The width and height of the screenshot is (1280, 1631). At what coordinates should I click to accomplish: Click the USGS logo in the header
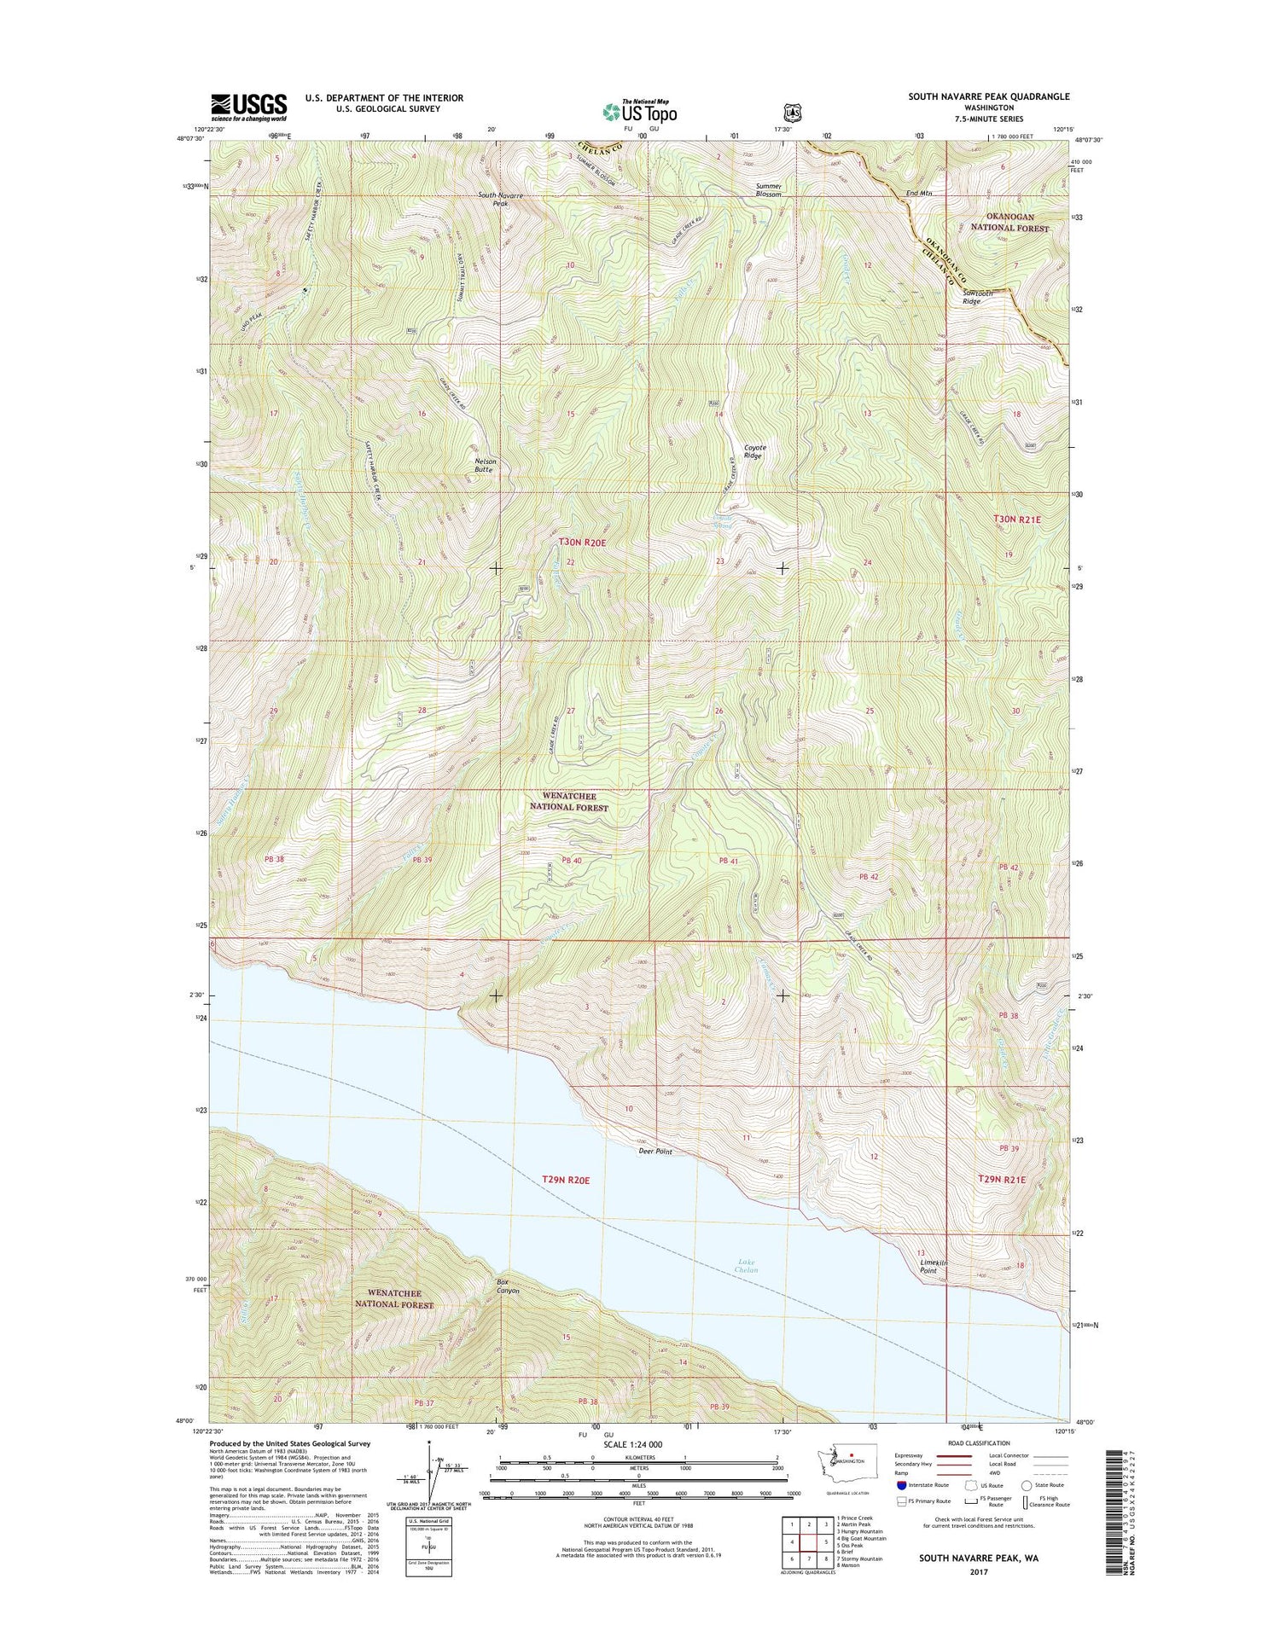[249, 107]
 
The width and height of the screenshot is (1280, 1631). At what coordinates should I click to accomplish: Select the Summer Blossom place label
[768, 189]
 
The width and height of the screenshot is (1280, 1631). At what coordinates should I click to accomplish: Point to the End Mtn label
[919, 194]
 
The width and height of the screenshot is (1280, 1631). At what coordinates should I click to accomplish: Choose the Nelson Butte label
[486, 465]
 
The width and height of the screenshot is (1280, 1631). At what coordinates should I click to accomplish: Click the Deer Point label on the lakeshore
[655, 1151]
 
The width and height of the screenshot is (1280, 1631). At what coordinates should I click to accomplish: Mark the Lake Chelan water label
[746, 1266]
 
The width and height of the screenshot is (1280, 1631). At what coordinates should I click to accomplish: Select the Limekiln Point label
[934, 1266]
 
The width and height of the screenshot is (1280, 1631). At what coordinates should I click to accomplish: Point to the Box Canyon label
[508, 1286]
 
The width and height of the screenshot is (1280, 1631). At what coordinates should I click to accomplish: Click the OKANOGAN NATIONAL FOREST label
[1009, 223]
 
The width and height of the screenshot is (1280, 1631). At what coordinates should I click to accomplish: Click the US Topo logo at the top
[640, 111]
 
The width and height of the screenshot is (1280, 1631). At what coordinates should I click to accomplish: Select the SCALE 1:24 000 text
[632, 1444]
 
